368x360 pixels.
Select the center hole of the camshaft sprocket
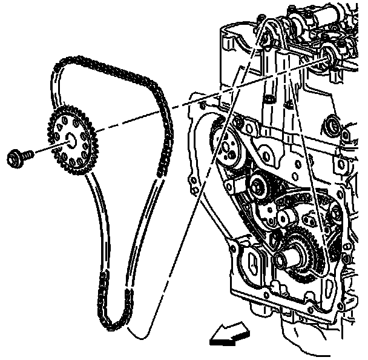tap(71, 141)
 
